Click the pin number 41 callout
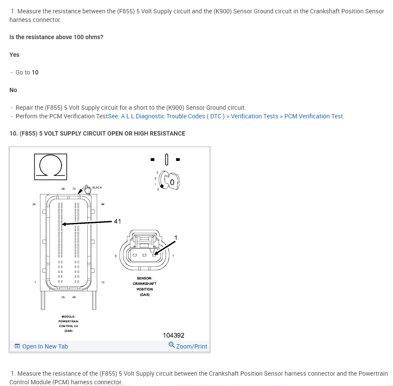117,221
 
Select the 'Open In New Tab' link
41,346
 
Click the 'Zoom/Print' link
188,346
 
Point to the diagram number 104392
174,335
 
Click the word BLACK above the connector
97,188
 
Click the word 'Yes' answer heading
14,55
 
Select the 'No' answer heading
13,90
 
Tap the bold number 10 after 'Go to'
35,72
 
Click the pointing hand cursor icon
88,188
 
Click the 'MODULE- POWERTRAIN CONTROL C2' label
68,324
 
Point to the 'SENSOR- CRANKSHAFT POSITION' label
144,286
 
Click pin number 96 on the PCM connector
102,204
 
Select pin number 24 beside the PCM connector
34,204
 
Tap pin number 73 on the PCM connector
102,282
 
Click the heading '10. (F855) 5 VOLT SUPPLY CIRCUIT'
97,133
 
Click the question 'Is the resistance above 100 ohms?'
56,37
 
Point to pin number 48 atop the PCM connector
63,189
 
